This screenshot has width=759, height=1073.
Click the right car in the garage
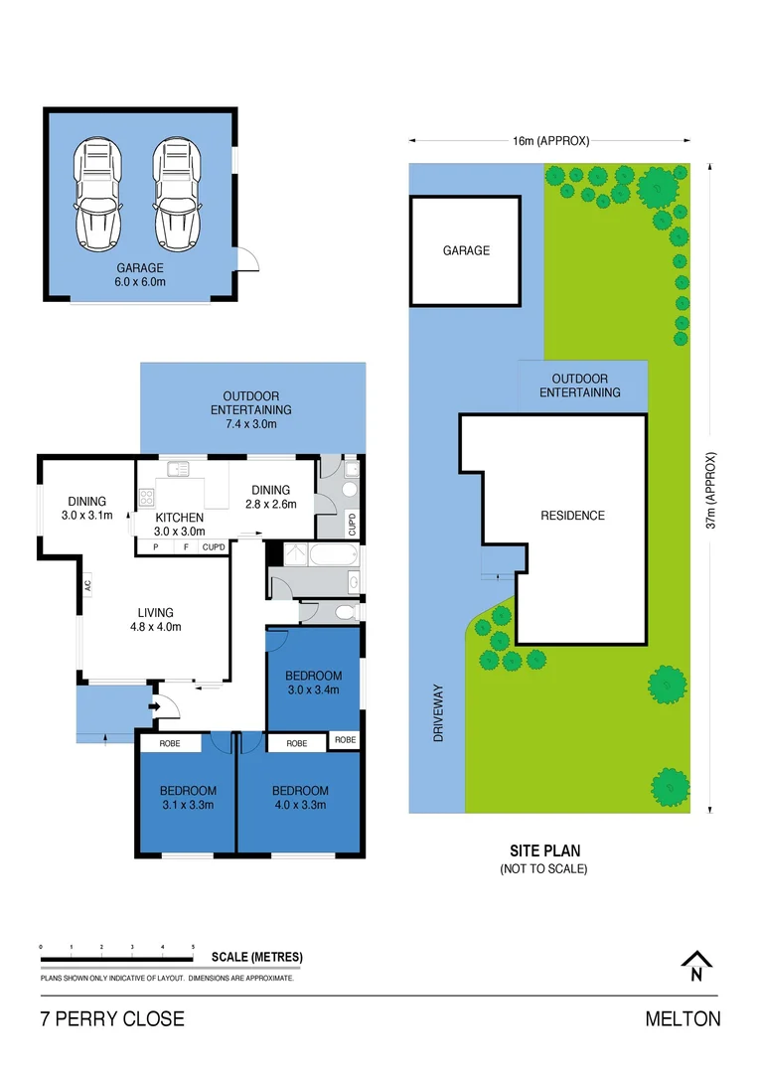click(176, 194)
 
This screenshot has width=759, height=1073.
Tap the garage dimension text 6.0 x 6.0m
click(139, 282)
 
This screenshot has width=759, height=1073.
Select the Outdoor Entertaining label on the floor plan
click(250, 401)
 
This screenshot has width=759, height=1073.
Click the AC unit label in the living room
click(87, 585)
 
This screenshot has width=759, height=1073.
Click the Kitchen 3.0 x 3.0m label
click(180, 525)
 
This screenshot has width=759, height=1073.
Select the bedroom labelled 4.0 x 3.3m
click(299, 798)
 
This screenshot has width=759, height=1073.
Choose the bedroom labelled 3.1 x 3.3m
click(187, 798)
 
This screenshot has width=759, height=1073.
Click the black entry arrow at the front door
click(153, 707)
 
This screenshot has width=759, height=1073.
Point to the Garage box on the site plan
click(466, 250)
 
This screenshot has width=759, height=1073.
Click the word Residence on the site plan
click(572, 516)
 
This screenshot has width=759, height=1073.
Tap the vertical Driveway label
click(436, 717)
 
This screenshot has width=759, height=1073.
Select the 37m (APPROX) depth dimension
click(710, 491)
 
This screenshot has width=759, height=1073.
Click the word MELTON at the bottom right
click(683, 1019)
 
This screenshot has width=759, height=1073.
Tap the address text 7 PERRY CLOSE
click(112, 1019)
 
